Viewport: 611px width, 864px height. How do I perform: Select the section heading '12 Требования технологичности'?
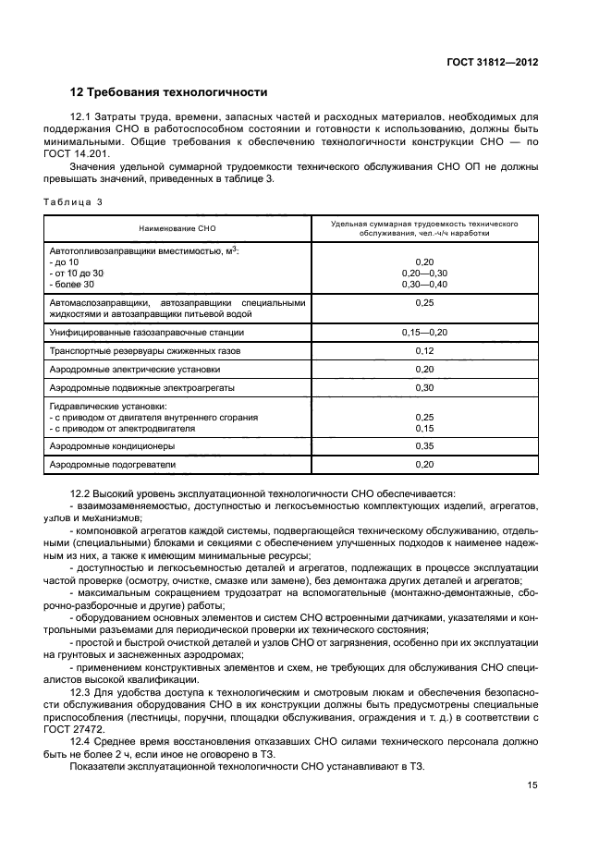[169, 92]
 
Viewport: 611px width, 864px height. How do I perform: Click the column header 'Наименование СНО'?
[177, 229]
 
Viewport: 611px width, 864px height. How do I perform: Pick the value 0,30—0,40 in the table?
[424, 285]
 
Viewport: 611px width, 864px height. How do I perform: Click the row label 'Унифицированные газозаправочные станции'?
[147, 331]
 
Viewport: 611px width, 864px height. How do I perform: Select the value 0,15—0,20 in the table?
[424, 331]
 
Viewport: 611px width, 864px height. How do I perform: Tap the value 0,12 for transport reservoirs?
[424, 350]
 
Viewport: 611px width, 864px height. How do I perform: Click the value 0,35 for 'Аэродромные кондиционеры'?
[424, 445]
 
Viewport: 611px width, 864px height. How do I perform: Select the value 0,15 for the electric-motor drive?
[424, 428]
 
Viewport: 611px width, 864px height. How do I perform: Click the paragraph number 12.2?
[81, 495]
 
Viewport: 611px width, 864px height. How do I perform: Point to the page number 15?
[532, 785]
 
